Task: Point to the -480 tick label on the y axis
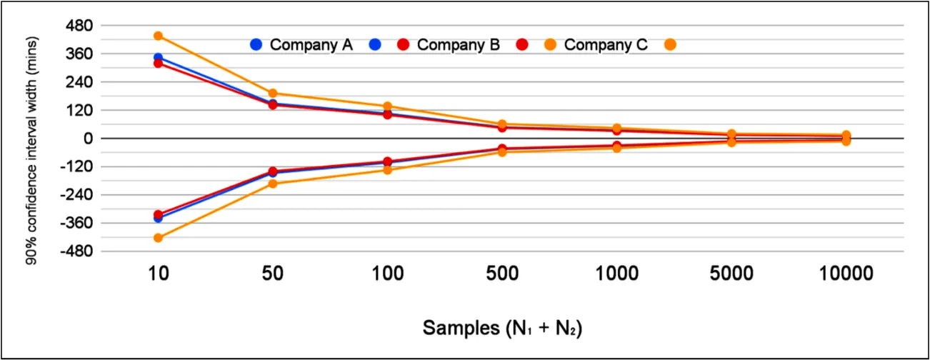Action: pos(70,251)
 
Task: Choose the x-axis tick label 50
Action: pos(272,274)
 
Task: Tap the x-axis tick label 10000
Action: pos(845,274)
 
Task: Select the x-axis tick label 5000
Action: pos(731,274)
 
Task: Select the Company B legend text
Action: pos(458,45)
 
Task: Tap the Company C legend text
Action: pos(606,45)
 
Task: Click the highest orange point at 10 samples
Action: pos(158,36)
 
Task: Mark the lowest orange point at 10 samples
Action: pos(158,238)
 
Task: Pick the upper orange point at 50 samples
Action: pos(272,94)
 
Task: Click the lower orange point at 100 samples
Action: pos(387,170)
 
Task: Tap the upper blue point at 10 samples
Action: pos(158,58)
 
